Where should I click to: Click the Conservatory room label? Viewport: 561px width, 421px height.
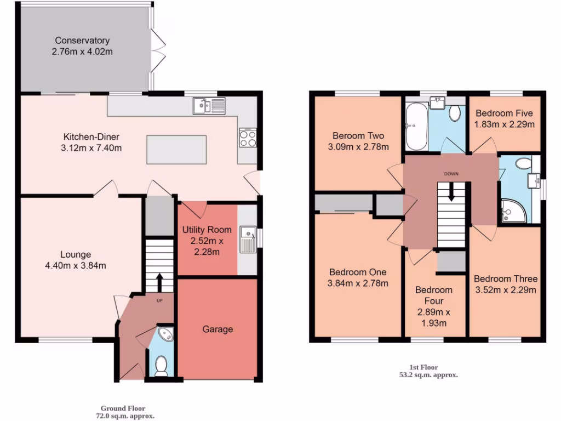82,41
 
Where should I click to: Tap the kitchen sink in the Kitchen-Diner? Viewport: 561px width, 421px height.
209,106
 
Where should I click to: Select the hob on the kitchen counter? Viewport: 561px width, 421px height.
248,137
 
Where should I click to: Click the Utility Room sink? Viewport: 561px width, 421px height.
247,240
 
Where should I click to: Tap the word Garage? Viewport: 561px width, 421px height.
217,329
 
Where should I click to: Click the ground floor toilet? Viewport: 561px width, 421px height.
161,366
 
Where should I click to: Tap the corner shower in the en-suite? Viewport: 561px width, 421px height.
514,210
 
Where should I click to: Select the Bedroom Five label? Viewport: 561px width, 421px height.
504,113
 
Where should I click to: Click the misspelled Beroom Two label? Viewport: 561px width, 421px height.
358,136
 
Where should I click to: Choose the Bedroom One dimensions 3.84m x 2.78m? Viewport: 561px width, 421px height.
358,283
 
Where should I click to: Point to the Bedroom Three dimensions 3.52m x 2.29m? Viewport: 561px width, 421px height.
505,290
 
